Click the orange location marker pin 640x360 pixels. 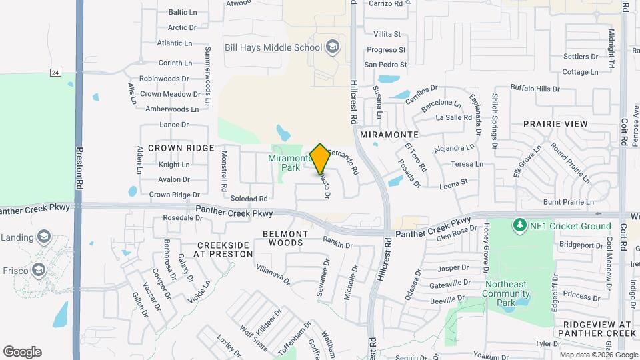[320, 159]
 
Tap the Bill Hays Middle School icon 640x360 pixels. [332, 47]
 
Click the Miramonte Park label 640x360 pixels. [290, 163]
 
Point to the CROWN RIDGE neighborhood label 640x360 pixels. [181, 148]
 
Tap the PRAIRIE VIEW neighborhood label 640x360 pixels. [555, 124]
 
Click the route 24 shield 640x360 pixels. [55, 73]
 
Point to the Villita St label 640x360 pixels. [387, 34]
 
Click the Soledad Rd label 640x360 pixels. [249, 199]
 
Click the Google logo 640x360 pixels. [22, 352]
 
